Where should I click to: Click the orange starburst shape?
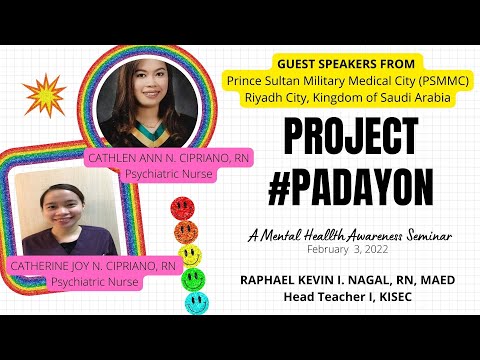click(44, 96)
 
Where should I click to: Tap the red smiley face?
click(182, 208)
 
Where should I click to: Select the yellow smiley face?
click(190, 255)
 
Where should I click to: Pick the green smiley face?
click(194, 278)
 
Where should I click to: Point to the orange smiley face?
click(185, 232)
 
